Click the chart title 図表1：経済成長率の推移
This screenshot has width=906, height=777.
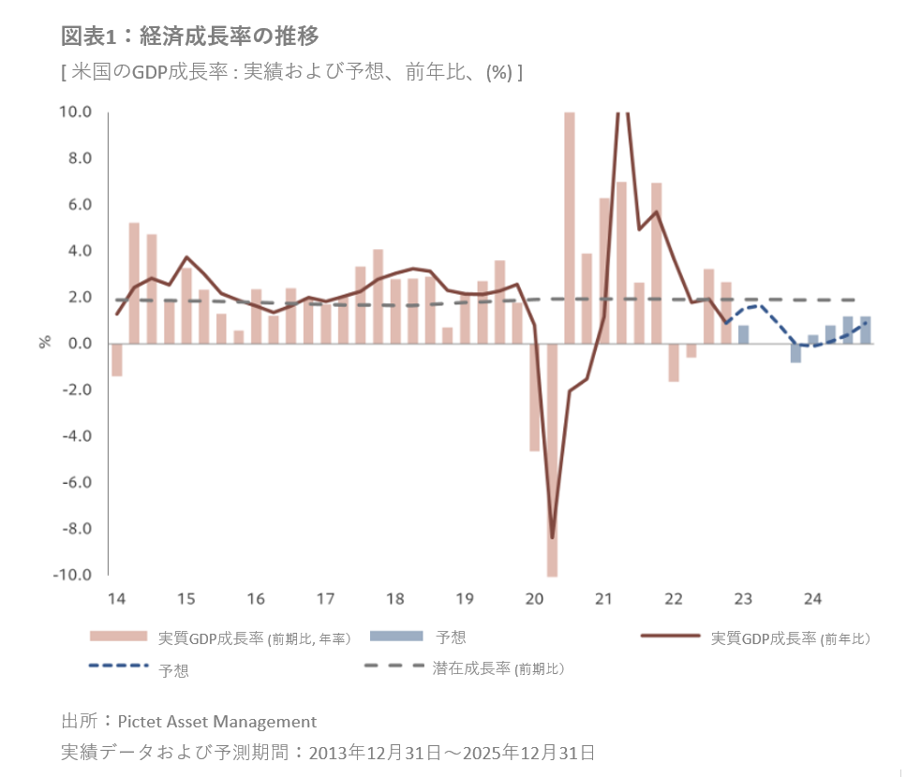click(x=190, y=36)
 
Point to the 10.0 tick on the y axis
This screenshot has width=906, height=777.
click(x=76, y=112)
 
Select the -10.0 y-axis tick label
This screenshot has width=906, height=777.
click(x=73, y=575)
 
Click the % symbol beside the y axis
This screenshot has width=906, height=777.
click(x=44, y=341)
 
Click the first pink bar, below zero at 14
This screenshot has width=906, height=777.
click(x=117, y=360)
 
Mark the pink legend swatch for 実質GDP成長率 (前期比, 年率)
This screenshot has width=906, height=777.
click(x=118, y=637)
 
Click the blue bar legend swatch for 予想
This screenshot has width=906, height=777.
click(x=397, y=637)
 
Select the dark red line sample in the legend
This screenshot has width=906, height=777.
click(x=671, y=637)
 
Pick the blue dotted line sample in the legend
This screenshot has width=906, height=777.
click(x=118, y=667)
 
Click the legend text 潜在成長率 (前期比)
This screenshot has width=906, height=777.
click(x=498, y=668)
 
